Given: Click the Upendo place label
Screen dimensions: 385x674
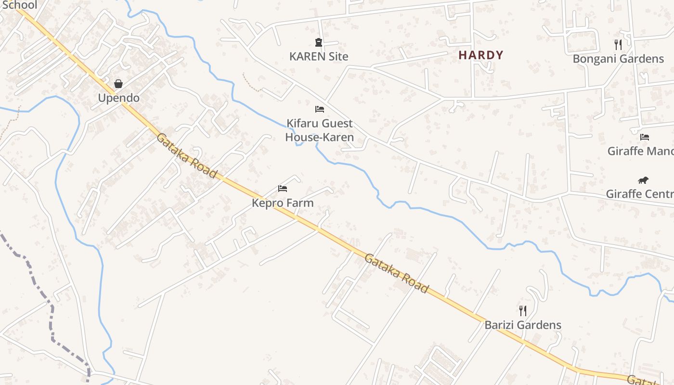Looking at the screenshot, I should coord(118,98).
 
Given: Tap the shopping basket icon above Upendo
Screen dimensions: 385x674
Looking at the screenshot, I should coord(118,84).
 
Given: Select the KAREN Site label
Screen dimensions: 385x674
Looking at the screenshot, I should coord(319,56).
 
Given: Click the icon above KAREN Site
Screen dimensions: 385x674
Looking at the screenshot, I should coord(318,42).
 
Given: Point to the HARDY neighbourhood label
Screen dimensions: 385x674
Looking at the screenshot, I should coord(481,55).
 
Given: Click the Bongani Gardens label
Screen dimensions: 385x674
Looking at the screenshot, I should coord(618,59).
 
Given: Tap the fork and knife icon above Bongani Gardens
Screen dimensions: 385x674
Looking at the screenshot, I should coord(618,45).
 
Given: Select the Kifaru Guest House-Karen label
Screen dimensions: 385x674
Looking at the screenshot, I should coord(320,130).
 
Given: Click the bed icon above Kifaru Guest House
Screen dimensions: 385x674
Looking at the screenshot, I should coord(320,109).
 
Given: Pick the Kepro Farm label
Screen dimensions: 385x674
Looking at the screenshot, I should coord(283,203).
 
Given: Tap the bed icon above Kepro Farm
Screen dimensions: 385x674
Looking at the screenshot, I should coord(283,188).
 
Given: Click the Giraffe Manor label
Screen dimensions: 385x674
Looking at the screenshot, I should coord(640,151).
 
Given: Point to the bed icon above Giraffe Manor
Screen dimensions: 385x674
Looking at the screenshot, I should coord(645,137).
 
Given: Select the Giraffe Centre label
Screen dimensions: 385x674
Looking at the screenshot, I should coord(639,194).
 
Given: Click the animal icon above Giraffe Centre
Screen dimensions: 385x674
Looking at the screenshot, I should coord(643,180).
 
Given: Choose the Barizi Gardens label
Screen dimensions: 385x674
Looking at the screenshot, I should coord(523,325).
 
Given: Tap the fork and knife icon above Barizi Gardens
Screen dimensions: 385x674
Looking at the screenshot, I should coord(523,310).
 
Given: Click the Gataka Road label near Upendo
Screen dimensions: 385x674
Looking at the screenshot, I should coord(187,155).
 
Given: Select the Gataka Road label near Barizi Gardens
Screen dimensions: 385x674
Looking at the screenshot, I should coord(396,273).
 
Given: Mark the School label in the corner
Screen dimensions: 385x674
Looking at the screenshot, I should coord(19,5).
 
